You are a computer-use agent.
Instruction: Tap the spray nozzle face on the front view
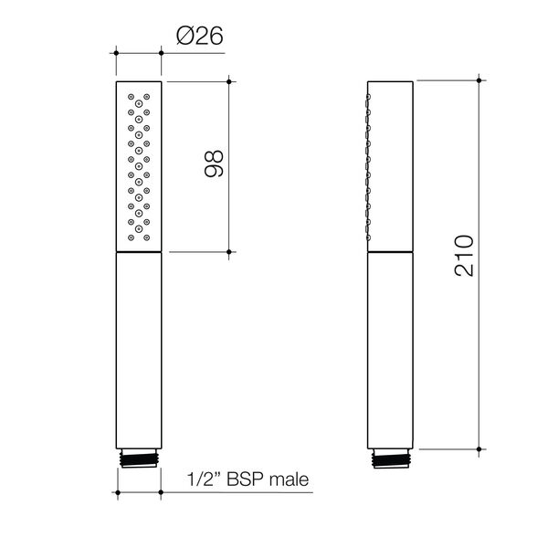point(140,164)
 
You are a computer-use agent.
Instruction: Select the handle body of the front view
point(140,347)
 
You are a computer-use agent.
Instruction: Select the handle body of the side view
point(391,347)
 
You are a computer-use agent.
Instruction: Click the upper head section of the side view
point(391,164)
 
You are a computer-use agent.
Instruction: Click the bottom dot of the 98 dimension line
point(229,250)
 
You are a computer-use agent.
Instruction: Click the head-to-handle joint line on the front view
point(140,251)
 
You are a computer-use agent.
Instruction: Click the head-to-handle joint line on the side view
point(391,250)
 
